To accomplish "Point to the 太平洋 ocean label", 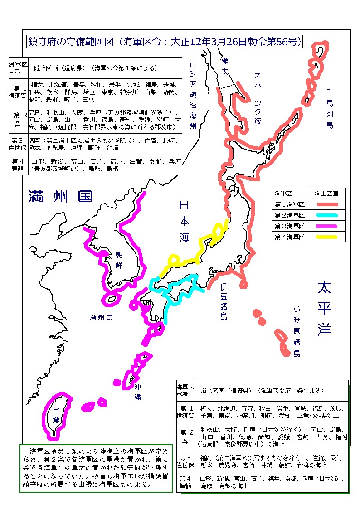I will click(324, 309).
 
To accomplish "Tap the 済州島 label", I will click(101, 317).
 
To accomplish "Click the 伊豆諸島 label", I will click(224, 302).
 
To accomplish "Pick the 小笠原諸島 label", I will click(297, 331).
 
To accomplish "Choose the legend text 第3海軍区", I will click(290, 226).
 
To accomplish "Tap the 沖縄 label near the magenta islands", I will click(137, 392).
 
